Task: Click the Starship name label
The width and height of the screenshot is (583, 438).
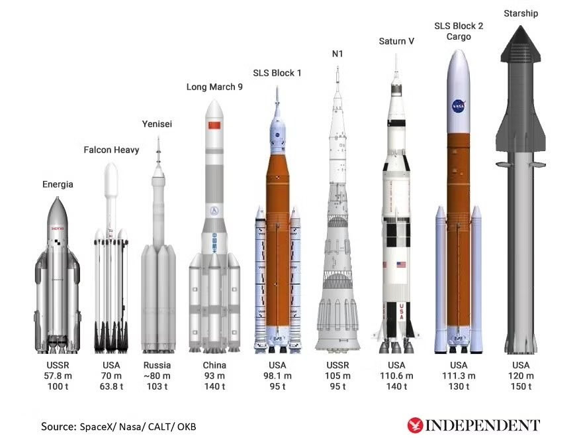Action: point(521,13)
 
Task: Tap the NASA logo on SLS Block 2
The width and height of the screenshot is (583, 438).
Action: point(458,106)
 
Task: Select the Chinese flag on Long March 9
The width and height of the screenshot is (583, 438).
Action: point(214,125)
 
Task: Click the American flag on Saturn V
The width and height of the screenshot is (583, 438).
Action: point(401,265)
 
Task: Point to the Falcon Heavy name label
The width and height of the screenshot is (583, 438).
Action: point(111,150)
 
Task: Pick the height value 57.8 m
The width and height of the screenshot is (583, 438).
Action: point(58,376)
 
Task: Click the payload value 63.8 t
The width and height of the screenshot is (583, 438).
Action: point(111,386)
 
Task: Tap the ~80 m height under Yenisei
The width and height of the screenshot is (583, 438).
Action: point(157,376)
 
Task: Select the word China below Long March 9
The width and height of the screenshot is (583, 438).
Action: point(214,365)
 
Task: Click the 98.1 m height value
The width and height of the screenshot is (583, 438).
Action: point(277,376)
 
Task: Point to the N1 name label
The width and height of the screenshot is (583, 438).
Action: point(337,54)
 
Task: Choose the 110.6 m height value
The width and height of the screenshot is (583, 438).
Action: point(396,376)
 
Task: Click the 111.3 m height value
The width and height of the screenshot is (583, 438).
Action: point(459,376)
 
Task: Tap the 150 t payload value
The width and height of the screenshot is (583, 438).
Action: point(521,386)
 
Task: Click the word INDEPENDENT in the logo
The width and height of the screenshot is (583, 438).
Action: point(482,425)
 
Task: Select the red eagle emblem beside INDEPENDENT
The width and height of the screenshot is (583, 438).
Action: point(415,425)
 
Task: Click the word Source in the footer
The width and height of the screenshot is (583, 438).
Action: point(58,427)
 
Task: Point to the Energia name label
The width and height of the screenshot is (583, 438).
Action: point(58,184)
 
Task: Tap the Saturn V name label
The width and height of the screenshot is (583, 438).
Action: point(396,41)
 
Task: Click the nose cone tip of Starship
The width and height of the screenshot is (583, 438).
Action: point(521,26)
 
